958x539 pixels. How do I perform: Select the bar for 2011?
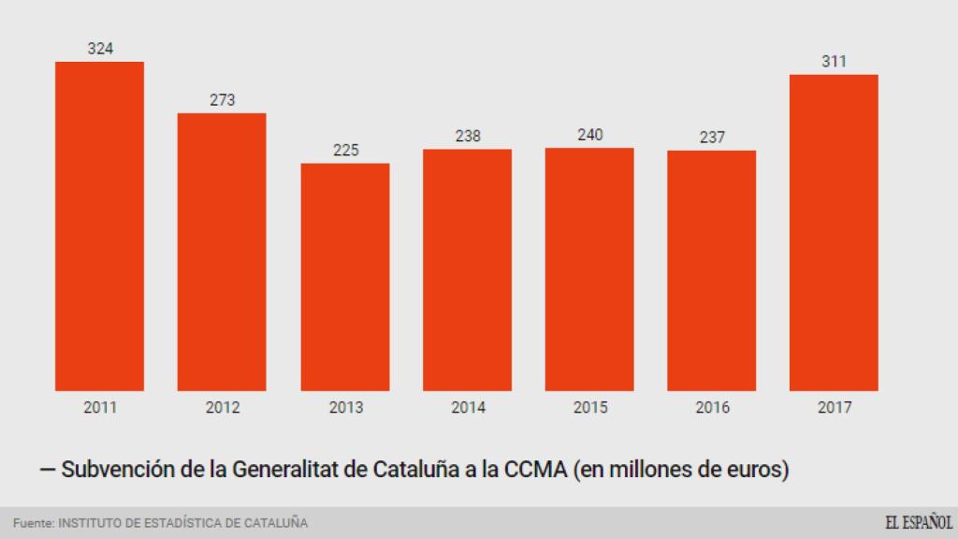[x=99, y=226]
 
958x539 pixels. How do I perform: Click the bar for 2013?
[x=345, y=277]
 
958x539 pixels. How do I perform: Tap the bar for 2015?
[x=589, y=269]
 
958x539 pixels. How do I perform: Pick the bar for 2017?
[x=834, y=232]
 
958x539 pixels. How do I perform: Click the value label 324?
[x=100, y=49]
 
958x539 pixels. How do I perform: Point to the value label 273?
[x=223, y=100]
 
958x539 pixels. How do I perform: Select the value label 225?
[x=345, y=151]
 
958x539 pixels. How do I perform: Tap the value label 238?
[x=468, y=137]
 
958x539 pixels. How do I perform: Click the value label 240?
[x=590, y=135]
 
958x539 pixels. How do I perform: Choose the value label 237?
[x=712, y=138]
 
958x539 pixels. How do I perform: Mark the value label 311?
[x=834, y=62]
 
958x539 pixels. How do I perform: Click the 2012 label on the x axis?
[x=223, y=408]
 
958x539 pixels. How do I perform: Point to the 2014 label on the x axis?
[x=468, y=408]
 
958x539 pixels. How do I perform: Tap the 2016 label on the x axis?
[x=712, y=408]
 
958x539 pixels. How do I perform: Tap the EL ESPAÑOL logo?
[x=919, y=522]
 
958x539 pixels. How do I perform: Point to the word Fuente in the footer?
[x=33, y=523]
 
